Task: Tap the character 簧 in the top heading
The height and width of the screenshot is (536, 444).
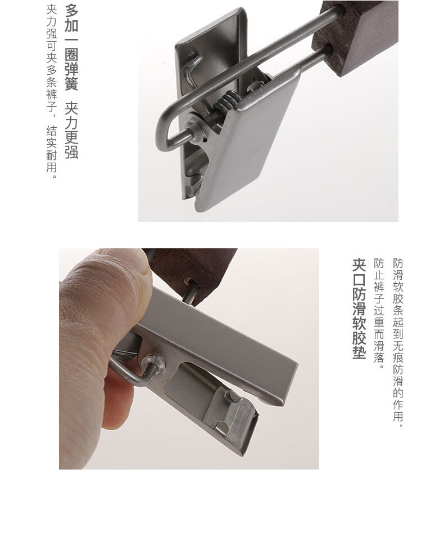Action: tap(71, 83)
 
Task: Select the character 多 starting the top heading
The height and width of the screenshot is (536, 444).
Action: tap(71, 11)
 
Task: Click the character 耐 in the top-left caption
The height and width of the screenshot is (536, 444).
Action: tap(51, 155)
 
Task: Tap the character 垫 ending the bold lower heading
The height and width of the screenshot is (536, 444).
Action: tap(359, 352)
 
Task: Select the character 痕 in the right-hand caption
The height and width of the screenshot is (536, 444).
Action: tap(398, 358)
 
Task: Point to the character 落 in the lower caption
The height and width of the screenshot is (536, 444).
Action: tap(379, 358)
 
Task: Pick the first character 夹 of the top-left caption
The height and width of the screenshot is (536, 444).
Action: tap(51, 9)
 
